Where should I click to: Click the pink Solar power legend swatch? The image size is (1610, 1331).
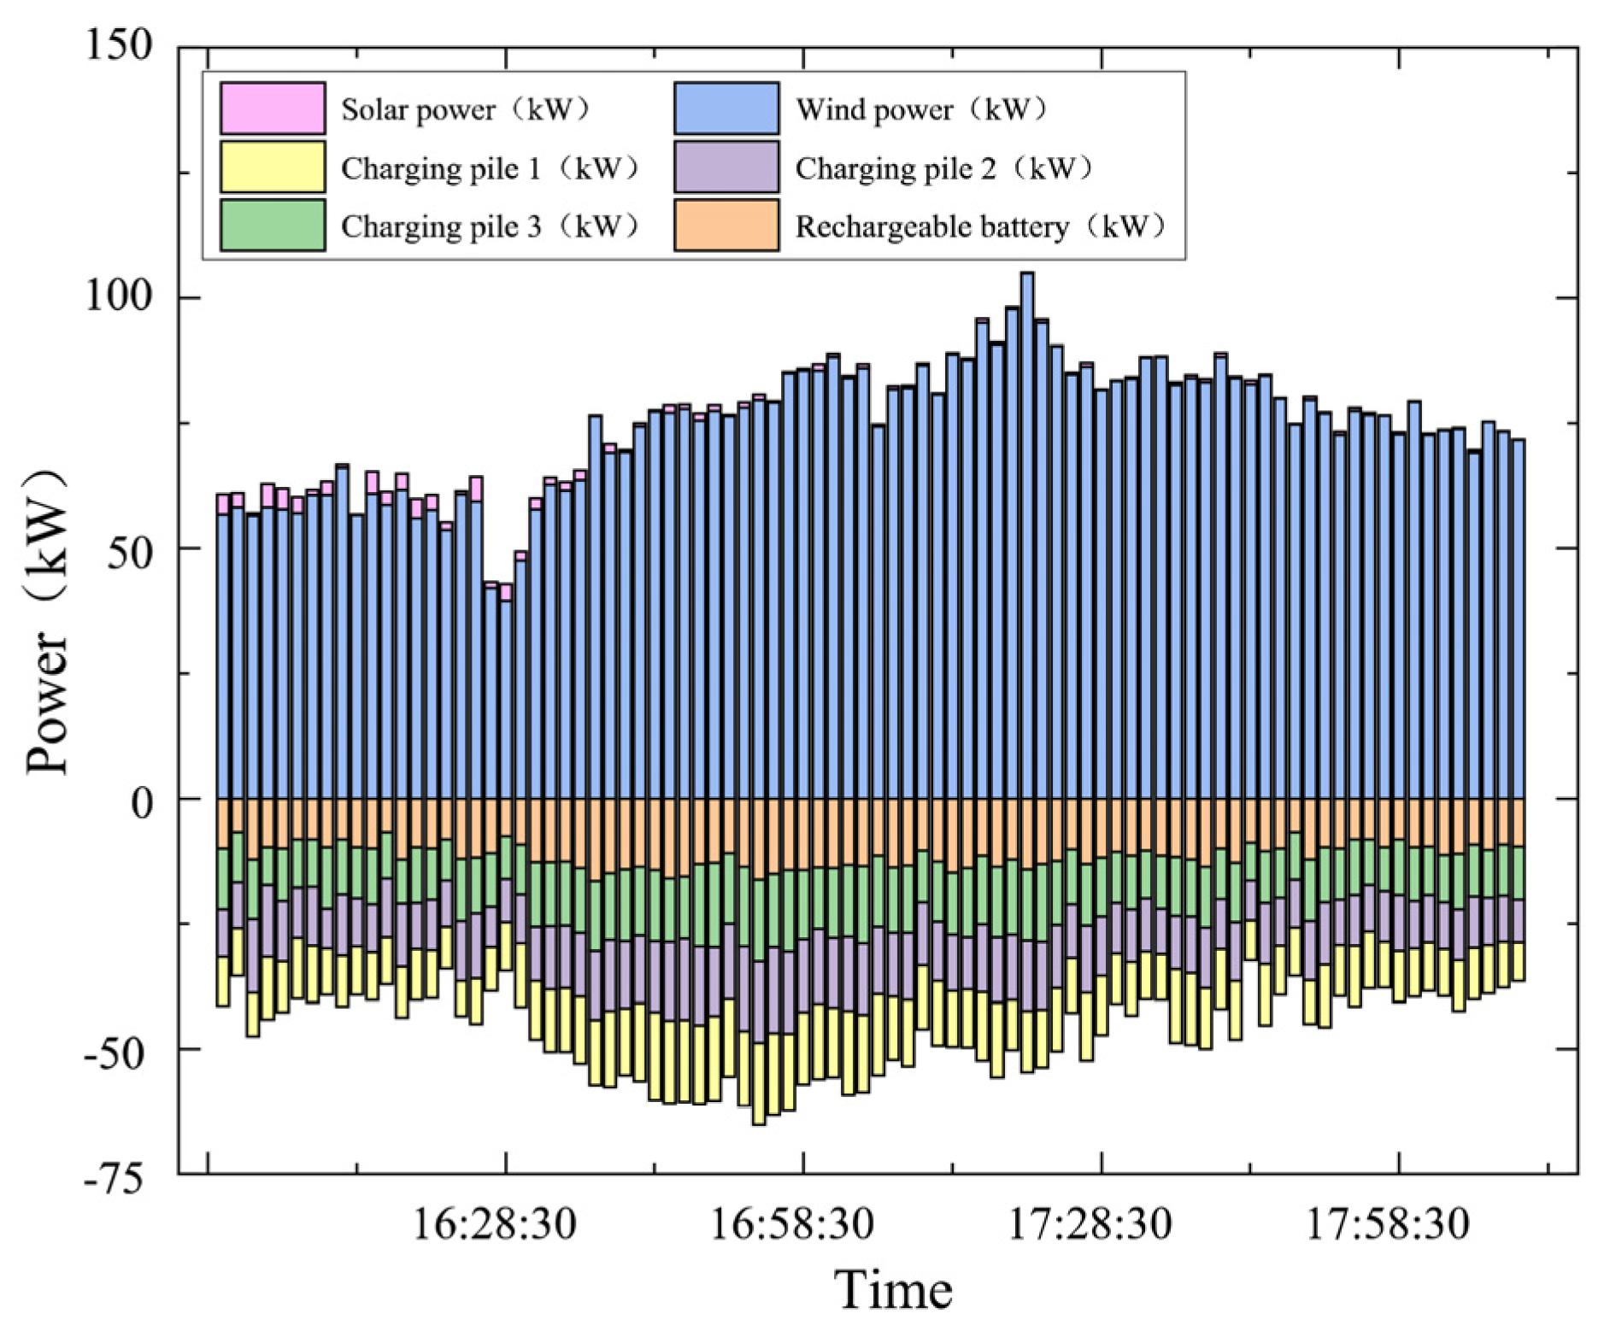click(273, 108)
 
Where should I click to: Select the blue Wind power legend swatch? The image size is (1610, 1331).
click(726, 108)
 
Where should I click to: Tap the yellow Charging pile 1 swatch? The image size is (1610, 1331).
click(273, 167)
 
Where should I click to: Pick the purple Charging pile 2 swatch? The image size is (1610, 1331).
click(726, 167)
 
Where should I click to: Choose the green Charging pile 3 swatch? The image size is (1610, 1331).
click(273, 225)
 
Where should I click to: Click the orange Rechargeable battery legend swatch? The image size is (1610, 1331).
click(726, 225)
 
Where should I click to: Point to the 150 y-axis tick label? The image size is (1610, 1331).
click(119, 44)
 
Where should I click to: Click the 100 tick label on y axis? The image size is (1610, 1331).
click(119, 296)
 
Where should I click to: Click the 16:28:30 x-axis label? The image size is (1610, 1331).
click(495, 1224)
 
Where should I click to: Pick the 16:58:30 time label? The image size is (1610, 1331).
click(792, 1224)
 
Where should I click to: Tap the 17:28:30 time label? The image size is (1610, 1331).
click(1090, 1224)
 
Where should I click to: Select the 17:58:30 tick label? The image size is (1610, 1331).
click(1388, 1224)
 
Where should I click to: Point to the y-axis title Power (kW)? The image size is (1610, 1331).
click(47, 621)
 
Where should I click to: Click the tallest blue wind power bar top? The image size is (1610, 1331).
click(1027, 275)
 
